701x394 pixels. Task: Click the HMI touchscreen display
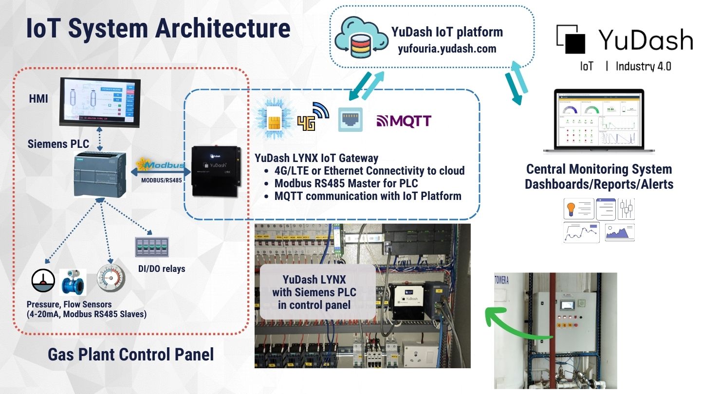click(x=99, y=101)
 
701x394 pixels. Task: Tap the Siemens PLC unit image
click(x=100, y=174)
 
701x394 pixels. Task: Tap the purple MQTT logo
click(x=404, y=120)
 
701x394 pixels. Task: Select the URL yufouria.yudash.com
click(x=447, y=48)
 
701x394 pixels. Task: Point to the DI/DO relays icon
click(x=148, y=248)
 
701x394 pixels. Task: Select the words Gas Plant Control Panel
click(x=130, y=354)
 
